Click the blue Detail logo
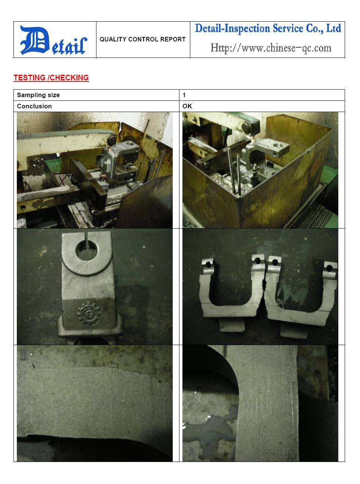pos(53,40)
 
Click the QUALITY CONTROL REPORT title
pos(142,39)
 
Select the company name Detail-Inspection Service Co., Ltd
pos(268,29)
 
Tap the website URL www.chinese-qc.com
pos(271,48)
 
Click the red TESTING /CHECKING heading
pos(51,78)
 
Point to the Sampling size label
pos(38,95)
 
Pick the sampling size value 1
pos(184,95)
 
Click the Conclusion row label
pos(34,106)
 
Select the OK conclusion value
pos(187,106)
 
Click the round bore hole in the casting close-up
pos(87,252)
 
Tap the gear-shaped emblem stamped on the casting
pos(89,314)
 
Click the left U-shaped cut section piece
pos(231,290)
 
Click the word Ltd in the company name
pos(333,28)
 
